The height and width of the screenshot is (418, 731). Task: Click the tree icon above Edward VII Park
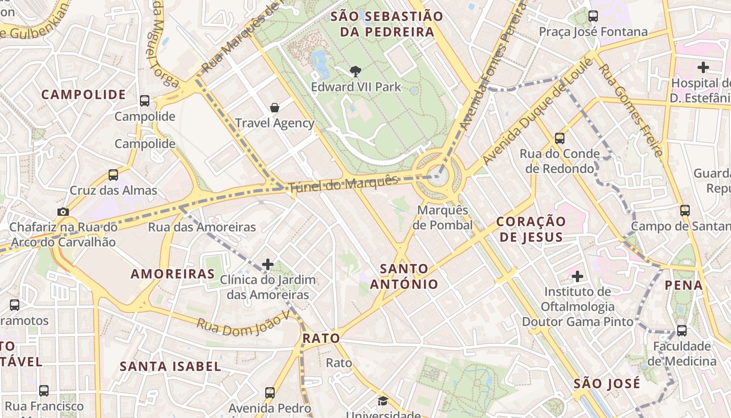(x=356, y=71)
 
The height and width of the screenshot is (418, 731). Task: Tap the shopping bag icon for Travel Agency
(x=275, y=108)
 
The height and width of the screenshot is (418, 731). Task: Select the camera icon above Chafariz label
(x=63, y=212)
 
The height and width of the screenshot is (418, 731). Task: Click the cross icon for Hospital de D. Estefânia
(x=703, y=67)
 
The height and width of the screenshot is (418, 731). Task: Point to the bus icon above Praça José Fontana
(x=593, y=16)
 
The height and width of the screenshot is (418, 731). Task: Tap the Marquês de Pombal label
(x=442, y=217)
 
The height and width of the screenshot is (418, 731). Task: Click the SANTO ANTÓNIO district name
(x=404, y=276)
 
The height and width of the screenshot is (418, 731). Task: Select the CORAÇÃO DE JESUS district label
(x=531, y=229)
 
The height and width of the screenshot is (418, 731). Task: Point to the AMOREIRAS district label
(x=173, y=274)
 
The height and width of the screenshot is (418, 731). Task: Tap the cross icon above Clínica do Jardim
(x=268, y=264)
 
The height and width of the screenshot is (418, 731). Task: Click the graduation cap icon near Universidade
(x=383, y=401)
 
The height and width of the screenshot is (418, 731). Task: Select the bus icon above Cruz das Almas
(x=113, y=175)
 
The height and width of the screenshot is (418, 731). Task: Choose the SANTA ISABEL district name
(x=171, y=366)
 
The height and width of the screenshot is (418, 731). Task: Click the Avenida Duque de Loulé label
(x=538, y=112)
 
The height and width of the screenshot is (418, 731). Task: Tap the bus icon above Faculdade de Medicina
(x=682, y=331)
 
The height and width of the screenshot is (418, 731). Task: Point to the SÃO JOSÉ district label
(x=607, y=384)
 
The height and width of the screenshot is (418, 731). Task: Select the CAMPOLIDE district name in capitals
(x=84, y=95)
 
